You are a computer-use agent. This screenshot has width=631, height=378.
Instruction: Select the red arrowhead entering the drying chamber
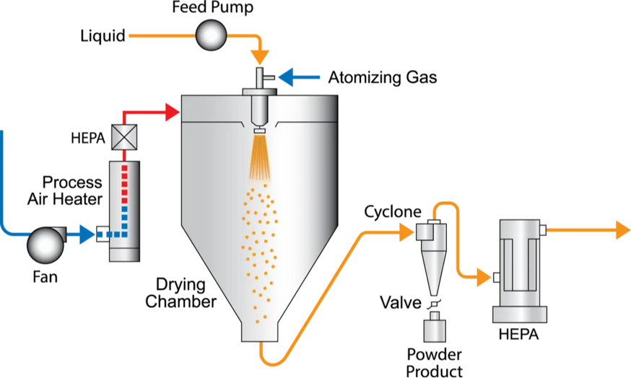tap(172, 111)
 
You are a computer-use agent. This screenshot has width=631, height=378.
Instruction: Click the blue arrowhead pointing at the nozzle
tap(290, 76)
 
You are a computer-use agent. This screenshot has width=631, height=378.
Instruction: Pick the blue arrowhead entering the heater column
tap(87, 234)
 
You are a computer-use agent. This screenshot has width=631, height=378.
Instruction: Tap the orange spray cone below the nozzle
tap(258, 159)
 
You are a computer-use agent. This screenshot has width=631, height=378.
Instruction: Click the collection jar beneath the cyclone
tap(434, 330)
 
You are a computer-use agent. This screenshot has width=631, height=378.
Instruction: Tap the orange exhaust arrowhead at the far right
tap(622, 230)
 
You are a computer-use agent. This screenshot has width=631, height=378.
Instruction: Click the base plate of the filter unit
tap(520, 315)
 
